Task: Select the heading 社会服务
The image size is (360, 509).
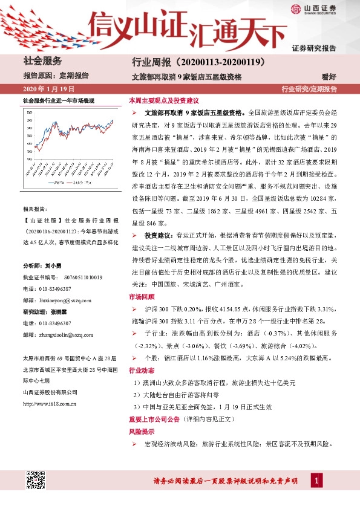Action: [42, 61]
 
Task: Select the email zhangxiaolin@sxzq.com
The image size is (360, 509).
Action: [65, 334]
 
